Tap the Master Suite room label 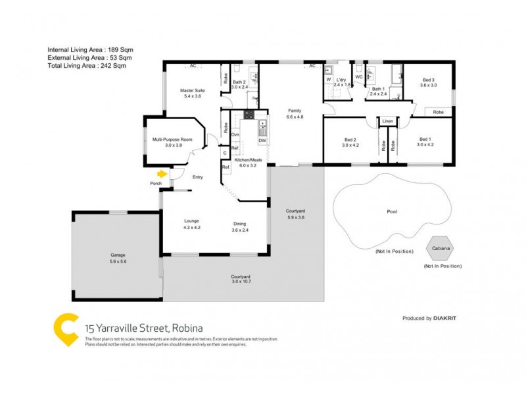coord(190,90)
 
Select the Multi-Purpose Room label coord(172,140)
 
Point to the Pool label coord(392,212)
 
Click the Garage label coord(118,255)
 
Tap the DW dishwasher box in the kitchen coord(262,140)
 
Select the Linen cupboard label coord(387,122)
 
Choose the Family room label coord(295,111)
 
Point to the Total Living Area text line coord(86,65)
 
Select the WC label coord(358,76)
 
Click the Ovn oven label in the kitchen coord(235,134)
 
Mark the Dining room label coord(239,222)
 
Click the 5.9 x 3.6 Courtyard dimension coord(295,217)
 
